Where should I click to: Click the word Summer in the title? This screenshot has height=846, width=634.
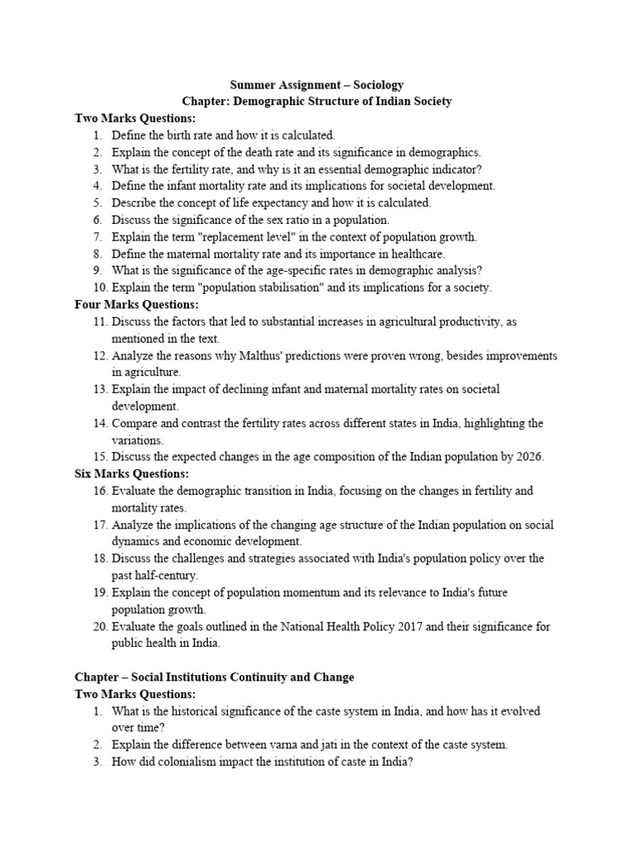tap(252, 84)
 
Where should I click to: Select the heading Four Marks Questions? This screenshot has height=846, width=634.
tap(132, 304)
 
